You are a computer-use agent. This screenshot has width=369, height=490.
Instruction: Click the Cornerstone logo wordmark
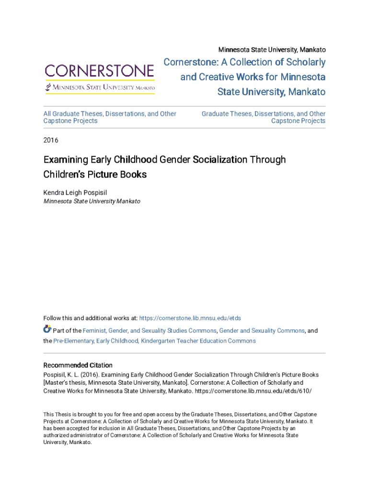click(100, 72)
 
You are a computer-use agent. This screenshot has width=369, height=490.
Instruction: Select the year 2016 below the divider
click(51, 140)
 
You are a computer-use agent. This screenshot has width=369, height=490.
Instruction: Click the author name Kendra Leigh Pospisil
click(75, 192)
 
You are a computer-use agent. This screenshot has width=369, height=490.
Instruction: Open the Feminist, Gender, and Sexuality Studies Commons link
click(150, 331)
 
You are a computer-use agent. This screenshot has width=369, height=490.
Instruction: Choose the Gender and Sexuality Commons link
click(262, 331)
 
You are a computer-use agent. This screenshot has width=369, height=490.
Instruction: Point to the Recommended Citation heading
click(78, 365)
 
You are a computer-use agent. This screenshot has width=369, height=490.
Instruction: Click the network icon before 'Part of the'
click(47, 329)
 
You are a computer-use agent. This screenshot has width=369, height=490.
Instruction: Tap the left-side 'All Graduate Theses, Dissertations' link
click(110, 114)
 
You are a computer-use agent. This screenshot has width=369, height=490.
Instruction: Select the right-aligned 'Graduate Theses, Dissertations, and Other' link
click(263, 114)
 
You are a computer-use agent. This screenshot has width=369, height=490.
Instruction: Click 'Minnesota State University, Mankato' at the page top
click(272, 50)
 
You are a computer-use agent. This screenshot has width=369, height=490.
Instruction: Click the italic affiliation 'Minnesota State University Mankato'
click(92, 201)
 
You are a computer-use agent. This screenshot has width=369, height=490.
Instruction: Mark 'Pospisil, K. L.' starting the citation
click(61, 375)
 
